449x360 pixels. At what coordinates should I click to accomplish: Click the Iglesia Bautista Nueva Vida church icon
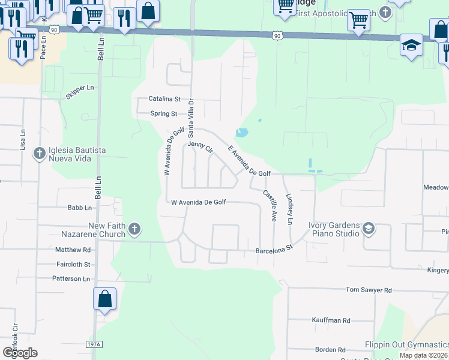click(x=40, y=153)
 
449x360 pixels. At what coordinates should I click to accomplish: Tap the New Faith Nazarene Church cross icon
click(x=134, y=229)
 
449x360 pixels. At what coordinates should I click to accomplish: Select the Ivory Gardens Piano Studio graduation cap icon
click(x=368, y=228)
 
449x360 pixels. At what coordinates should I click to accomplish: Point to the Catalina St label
click(x=164, y=99)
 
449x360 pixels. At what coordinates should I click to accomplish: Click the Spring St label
click(x=164, y=113)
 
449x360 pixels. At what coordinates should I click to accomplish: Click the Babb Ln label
click(x=79, y=208)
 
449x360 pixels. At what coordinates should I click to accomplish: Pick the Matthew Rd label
click(x=73, y=250)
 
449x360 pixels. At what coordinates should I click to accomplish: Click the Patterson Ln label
click(x=70, y=278)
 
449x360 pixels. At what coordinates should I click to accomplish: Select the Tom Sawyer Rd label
click(x=368, y=290)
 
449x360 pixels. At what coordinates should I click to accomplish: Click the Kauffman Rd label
click(x=331, y=320)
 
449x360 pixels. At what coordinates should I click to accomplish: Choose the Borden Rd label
click(x=330, y=349)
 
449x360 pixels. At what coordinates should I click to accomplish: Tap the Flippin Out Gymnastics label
click(x=406, y=345)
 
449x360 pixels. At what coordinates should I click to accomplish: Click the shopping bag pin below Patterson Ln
click(x=104, y=299)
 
